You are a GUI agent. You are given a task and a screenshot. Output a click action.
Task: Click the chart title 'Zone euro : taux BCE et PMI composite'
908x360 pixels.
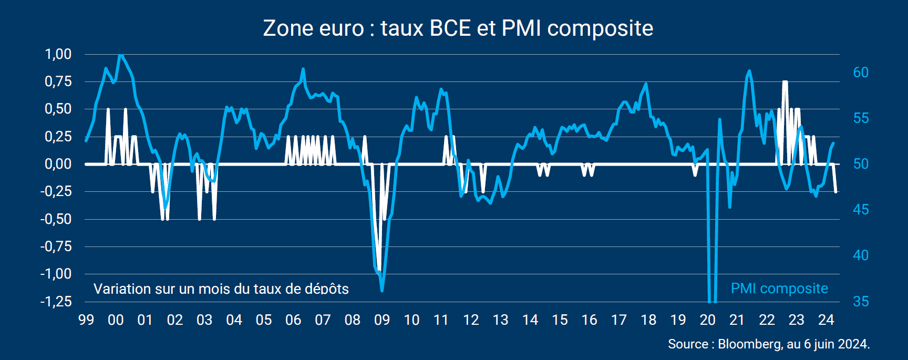458,28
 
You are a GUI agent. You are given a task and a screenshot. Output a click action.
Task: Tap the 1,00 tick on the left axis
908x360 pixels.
58,54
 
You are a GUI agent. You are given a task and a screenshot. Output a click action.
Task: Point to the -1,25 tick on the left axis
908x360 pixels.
56,302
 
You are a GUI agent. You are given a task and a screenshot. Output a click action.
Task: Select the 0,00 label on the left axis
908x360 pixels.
58,164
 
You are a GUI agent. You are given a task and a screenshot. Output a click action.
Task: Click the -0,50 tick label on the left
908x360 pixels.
56,219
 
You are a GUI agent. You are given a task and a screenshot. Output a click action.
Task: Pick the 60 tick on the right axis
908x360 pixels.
861,73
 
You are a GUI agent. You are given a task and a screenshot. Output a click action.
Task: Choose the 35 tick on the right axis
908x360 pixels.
861,302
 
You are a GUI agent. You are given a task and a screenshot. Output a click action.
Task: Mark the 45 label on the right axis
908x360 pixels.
861,210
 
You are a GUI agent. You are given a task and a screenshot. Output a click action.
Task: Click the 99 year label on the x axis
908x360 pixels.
86,320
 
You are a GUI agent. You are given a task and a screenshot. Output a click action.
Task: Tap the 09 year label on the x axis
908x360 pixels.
382,320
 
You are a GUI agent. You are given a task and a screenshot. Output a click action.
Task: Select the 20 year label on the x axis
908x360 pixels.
708,320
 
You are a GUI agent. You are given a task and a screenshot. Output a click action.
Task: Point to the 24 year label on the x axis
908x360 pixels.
826,320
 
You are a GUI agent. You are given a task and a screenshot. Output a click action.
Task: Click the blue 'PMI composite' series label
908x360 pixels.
779,289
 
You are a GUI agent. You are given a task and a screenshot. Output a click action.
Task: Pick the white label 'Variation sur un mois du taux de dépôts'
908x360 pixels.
221,289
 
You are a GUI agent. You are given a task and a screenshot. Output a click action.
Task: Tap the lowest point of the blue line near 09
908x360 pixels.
382,290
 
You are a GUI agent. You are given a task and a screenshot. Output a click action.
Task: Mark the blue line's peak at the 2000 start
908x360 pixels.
121,55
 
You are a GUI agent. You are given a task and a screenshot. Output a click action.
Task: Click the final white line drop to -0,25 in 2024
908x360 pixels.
835,192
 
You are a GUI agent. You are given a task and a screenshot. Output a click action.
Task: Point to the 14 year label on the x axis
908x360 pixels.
530,320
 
